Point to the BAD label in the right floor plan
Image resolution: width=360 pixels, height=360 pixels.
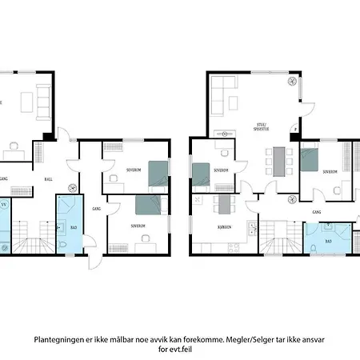tap(329, 239)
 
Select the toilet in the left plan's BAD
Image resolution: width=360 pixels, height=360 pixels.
tap(62, 245)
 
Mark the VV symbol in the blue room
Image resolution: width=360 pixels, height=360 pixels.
tap(4, 206)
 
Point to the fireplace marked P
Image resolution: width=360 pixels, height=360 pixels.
tap(294, 128)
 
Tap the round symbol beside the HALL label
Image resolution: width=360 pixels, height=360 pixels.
tap(73, 188)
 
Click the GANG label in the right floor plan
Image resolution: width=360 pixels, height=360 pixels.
tap(317, 212)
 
